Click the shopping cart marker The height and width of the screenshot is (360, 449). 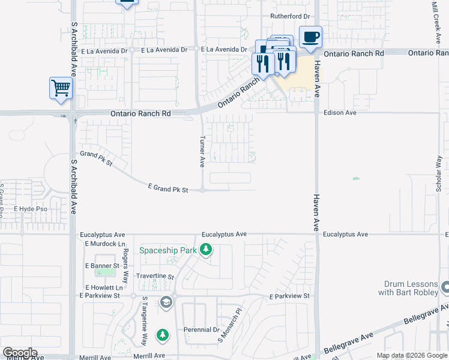pos(61,88)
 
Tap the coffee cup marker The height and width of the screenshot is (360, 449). pos(310,37)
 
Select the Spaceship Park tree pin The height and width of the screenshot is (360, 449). pos(206,249)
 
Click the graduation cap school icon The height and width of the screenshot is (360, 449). pos(166,302)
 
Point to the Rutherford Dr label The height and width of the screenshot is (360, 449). pos(290,16)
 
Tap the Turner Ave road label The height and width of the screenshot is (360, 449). pos(202,151)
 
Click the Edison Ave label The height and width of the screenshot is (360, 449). pos(340,112)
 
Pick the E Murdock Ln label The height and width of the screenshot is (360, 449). pos(105,244)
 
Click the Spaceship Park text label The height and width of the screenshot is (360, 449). pos(169,250)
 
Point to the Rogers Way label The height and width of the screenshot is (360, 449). pos(125,263)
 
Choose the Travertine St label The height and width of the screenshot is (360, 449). pos(155,277)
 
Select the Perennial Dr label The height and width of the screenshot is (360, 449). pos(202,330)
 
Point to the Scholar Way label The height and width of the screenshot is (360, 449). pos(439,174)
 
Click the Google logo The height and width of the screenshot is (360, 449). pos(20,353)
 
